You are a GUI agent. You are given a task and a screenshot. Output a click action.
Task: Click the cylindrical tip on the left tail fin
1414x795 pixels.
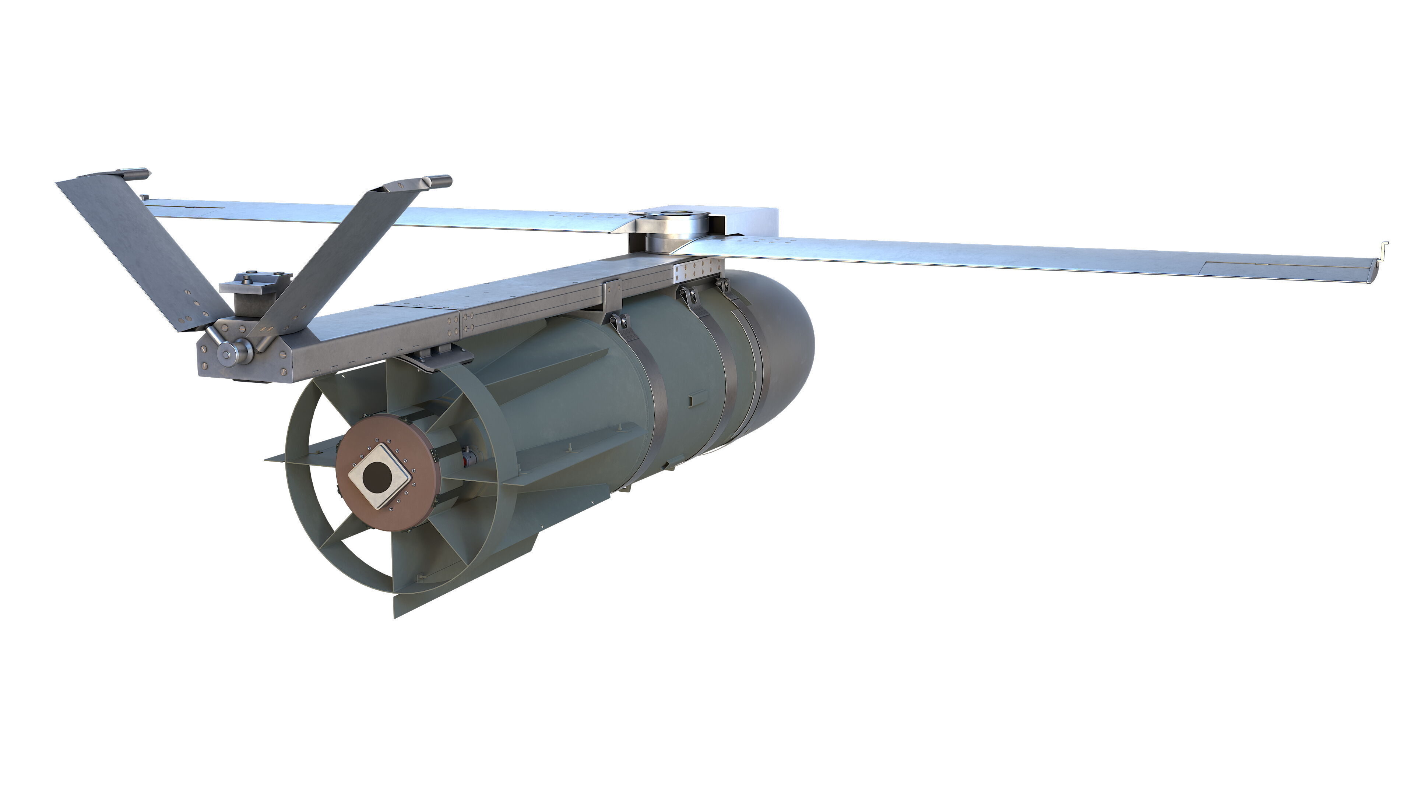pos(134,173)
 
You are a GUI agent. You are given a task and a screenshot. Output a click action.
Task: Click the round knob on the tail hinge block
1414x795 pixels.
pos(226,354)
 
